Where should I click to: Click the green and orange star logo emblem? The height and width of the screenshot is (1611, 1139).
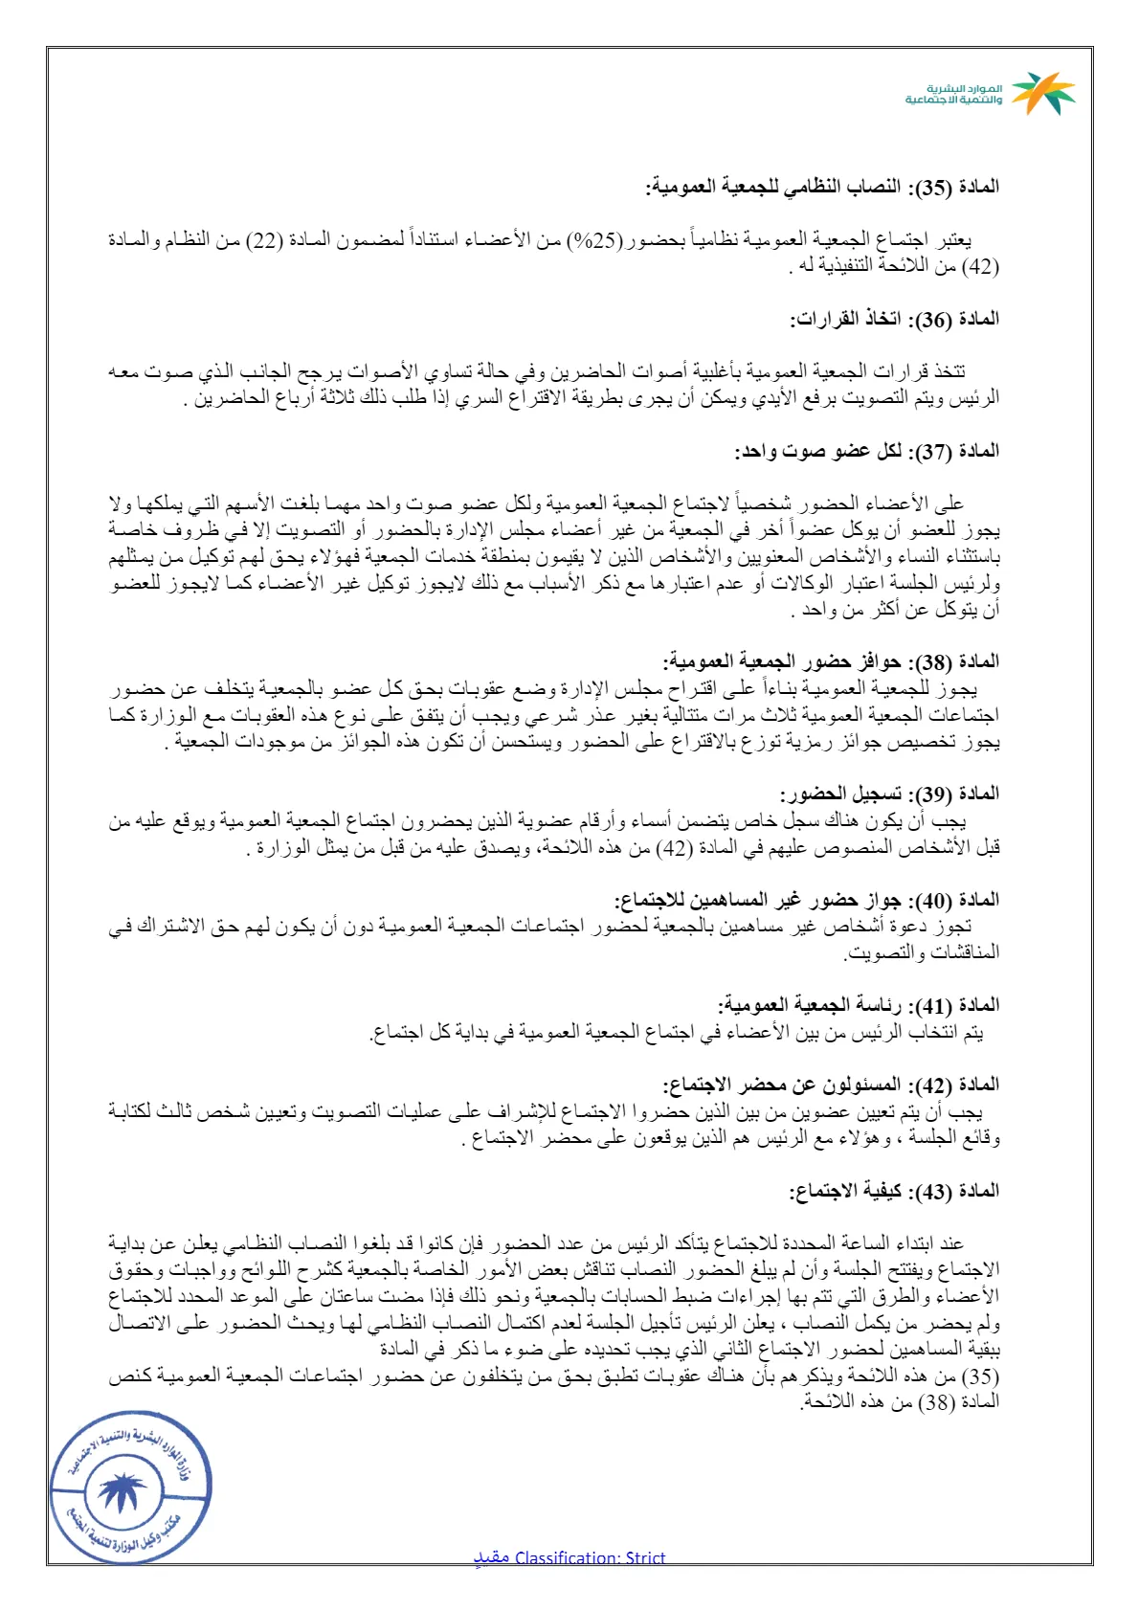(x=1043, y=93)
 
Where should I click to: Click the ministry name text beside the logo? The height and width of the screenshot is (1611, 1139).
(x=954, y=94)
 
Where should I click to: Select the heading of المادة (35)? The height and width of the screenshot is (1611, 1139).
(x=822, y=187)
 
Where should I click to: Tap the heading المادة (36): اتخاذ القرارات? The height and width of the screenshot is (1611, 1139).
(x=894, y=319)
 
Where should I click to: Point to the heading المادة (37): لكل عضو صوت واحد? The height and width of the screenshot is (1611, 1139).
(x=867, y=451)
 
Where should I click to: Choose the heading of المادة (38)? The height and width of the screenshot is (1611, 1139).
(x=831, y=661)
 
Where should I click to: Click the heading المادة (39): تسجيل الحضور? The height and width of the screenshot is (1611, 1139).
(x=889, y=794)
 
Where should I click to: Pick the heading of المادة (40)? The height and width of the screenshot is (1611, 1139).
(x=806, y=900)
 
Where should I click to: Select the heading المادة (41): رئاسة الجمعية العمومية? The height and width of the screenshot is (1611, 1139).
(x=859, y=1005)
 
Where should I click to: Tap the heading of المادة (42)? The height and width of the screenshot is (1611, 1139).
(x=831, y=1085)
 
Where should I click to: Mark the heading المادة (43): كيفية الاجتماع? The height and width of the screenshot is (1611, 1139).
(x=894, y=1191)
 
